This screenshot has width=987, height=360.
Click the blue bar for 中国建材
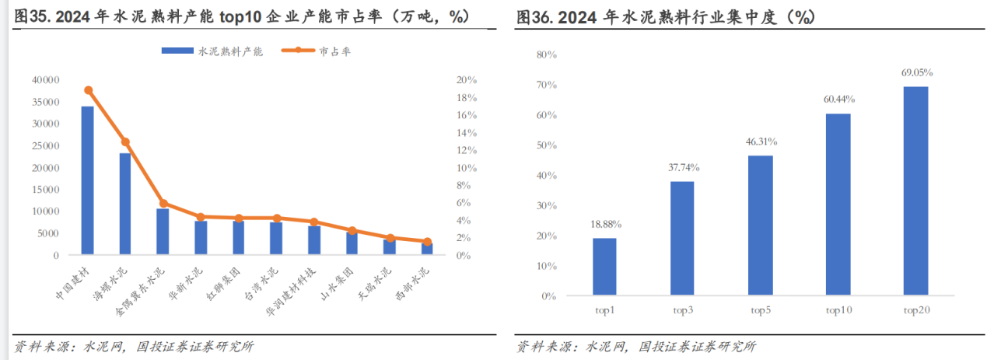click(88, 180)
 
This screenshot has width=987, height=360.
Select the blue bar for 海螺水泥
click(125, 204)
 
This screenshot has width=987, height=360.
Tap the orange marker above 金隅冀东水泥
click(163, 204)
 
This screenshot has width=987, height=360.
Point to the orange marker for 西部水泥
click(427, 242)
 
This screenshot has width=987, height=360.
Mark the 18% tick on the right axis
click(466, 98)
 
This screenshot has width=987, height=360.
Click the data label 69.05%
click(916, 72)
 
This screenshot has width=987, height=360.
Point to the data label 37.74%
click(683, 167)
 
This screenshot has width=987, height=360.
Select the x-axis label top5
click(760, 311)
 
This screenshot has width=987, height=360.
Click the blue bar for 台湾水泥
click(276, 239)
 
